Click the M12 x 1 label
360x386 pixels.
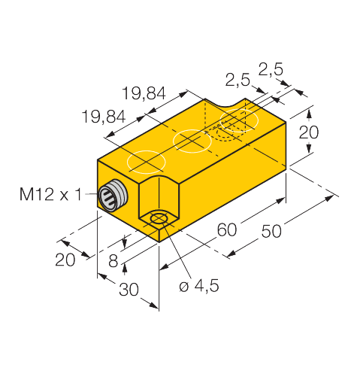point(50,194)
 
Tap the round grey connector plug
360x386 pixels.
point(113,195)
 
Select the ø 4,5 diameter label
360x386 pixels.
point(199,286)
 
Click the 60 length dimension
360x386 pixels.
point(227,229)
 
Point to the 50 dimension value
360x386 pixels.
point(271,231)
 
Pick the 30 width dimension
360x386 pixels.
point(129,290)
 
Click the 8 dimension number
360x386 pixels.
point(113,261)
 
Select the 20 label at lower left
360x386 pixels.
point(65,260)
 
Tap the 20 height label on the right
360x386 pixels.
point(309,132)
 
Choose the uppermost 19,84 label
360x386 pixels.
point(144,93)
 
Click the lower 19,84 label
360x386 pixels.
point(104,117)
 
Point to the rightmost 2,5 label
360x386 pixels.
point(271,69)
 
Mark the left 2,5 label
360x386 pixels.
point(237,81)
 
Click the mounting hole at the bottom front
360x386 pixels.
point(159,219)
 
